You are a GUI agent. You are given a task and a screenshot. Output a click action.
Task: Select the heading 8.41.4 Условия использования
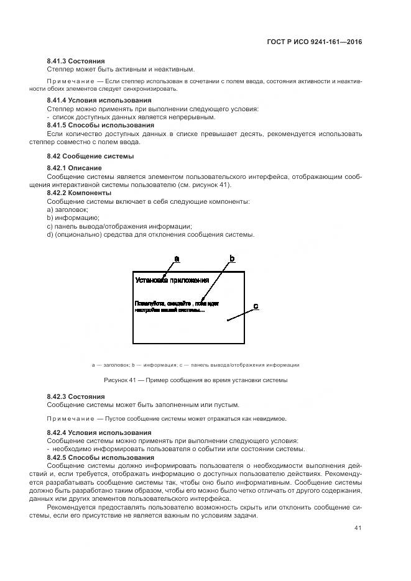(x=99, y=100)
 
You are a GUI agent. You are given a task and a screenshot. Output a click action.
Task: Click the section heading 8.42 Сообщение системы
(x=90, y=156)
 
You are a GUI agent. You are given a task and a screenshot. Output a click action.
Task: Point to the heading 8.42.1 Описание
(x=74, y=168)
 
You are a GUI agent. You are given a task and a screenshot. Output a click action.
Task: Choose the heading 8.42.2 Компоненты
(x=78, y=193)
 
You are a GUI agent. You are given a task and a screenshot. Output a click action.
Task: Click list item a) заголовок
(x=67, y=210)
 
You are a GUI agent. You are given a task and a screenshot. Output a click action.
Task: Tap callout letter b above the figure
(x=232, y=257)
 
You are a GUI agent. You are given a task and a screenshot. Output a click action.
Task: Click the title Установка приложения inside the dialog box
(x=172, y=280)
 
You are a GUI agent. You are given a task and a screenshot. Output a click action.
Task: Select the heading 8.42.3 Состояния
(x=76, y=396)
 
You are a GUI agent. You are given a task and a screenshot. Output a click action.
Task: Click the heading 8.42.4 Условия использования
(x=99, y=432)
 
